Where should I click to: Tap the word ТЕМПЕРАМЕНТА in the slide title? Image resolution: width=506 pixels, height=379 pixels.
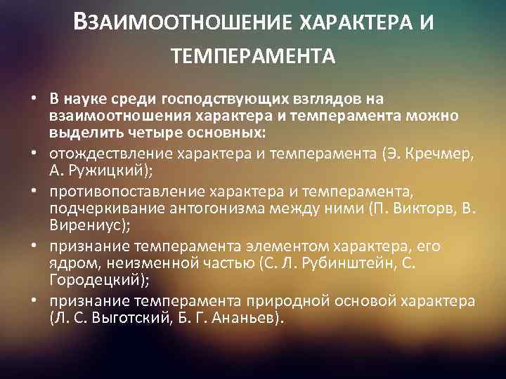(x=253, y=54)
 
